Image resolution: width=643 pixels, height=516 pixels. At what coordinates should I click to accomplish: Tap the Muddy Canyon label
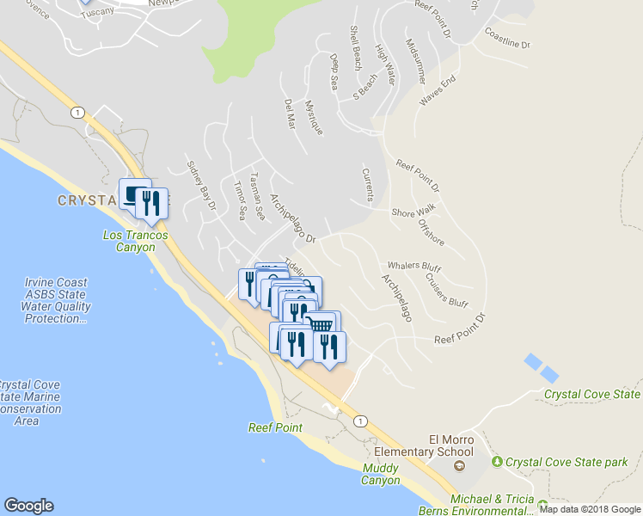coord(380,474)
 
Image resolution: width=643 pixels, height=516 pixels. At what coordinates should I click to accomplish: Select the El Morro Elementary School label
coord(425,445)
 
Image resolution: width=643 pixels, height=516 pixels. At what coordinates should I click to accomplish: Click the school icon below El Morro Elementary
coord(458,466)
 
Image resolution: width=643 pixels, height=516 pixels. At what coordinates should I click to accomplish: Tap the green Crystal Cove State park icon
coord(497,462)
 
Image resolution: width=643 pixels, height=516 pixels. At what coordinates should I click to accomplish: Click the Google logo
coord(28,506)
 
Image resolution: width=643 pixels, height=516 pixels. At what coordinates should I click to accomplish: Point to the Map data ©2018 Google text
coord(590,509)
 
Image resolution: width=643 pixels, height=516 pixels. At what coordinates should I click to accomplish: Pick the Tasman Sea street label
coord(255,195)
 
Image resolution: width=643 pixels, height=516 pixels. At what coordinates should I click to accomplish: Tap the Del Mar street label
coord(290,113)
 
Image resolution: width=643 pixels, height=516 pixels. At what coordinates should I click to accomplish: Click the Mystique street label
coord(315,118)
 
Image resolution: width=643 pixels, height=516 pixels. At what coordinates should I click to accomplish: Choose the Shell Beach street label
coord(355,47)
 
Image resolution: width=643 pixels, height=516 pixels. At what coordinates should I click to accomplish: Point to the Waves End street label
coord(437,91)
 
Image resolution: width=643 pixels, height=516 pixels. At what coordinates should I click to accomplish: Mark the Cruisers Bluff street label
coord(446,291)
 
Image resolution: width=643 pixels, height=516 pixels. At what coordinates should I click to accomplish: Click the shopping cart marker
coord(321,324)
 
